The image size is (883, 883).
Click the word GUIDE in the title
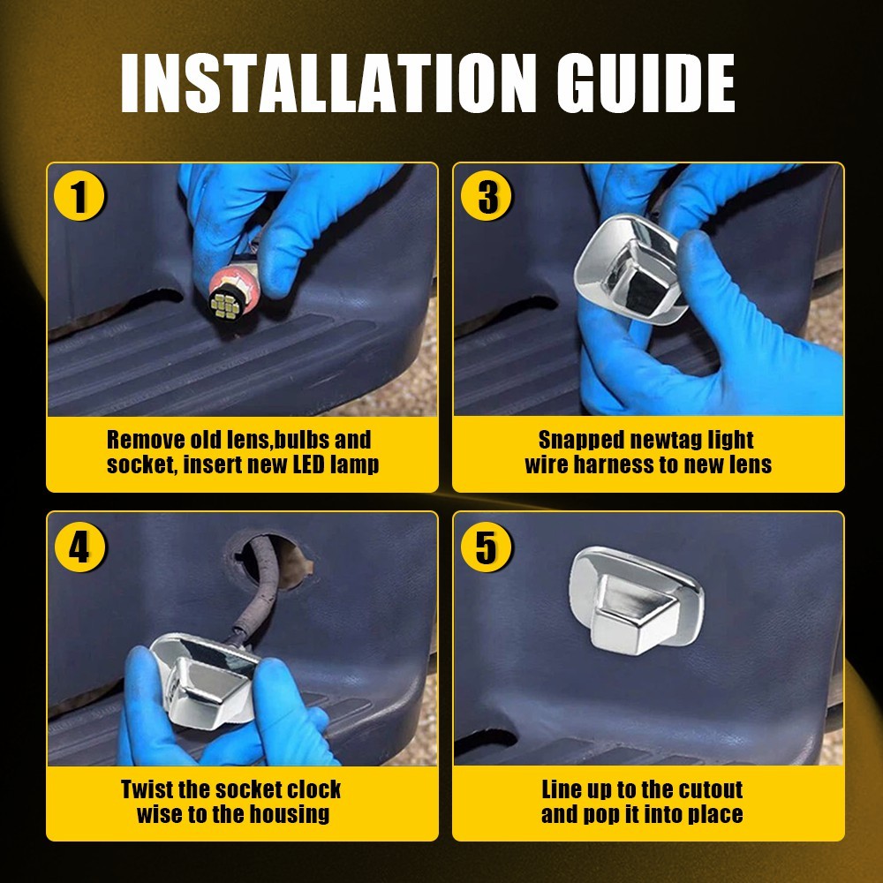[x=646, y=83]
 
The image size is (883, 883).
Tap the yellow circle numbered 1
[x=79, y=196]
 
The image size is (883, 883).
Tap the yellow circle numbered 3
[x=486, y=196]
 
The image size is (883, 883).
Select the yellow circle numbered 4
[x=80, y=547]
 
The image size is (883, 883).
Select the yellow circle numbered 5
[x=486, y=547]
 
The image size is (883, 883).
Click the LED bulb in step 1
[x=233, y=295]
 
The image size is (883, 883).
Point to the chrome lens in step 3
[x=628, y=269]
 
